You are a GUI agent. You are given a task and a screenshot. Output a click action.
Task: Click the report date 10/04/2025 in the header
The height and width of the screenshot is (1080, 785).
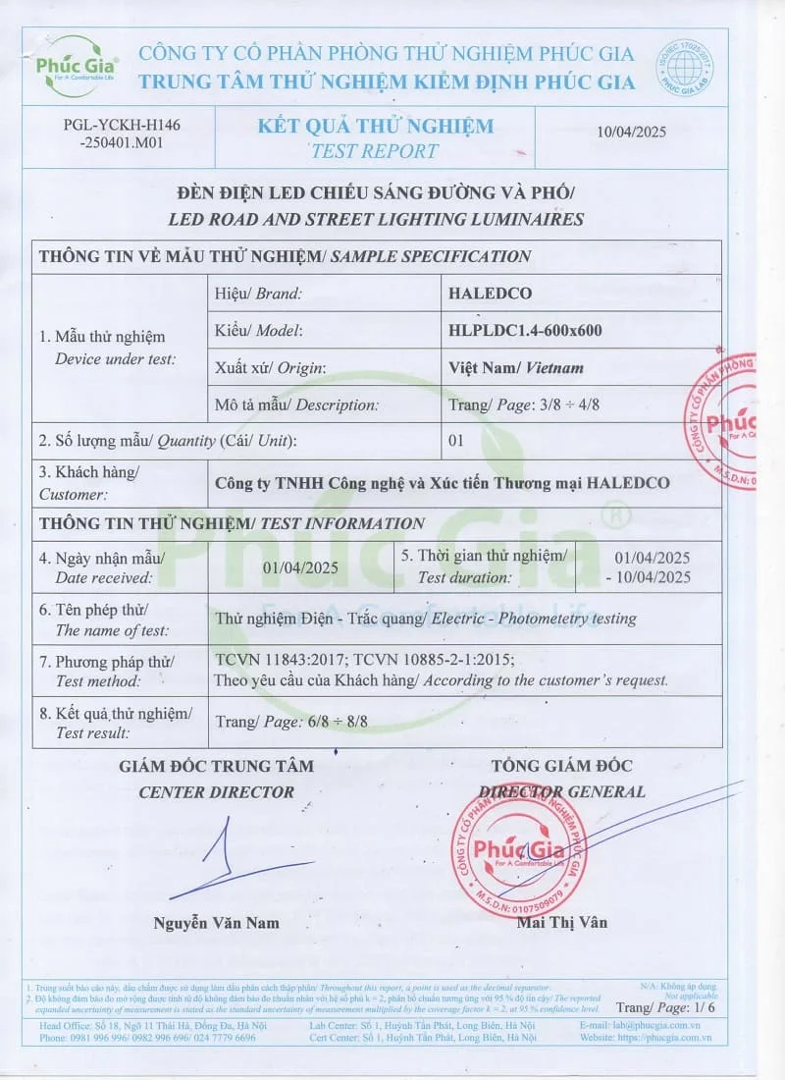tap(632, 133)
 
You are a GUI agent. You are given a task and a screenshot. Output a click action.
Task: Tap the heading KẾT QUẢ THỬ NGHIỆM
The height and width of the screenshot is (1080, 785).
tap(376, 126)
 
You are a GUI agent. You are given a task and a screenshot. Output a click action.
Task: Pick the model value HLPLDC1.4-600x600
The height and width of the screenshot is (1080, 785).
tap(525, 331)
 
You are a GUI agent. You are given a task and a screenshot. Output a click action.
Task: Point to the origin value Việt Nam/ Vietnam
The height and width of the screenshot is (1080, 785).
tap(515, 368)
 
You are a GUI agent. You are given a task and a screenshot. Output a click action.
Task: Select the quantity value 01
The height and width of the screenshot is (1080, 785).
tap(455, 441)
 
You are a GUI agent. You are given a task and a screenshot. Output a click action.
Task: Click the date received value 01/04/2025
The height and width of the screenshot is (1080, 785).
tap(300, 567)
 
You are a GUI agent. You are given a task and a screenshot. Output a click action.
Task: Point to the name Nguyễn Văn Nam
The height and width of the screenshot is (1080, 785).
tap(216, 923)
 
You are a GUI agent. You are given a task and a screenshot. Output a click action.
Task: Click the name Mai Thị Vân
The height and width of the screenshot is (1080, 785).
tap(561, 922)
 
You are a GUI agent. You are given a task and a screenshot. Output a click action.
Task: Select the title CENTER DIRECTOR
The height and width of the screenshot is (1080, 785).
tap(216, 791)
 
